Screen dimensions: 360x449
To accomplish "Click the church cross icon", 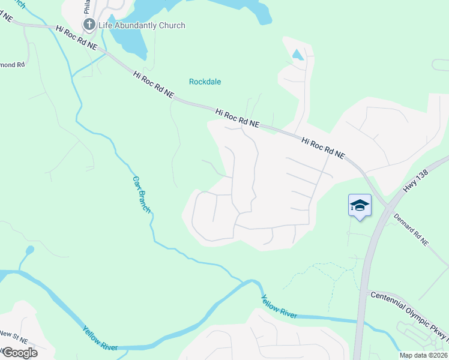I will coord(89,25).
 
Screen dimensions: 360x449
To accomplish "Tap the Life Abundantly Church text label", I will coord(142,25).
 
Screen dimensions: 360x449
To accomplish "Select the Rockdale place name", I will coord(205,82).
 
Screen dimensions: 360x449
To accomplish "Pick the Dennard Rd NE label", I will coord(412,230).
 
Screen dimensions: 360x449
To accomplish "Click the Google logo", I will coord(19,352).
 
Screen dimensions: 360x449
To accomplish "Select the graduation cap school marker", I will coord(360,205).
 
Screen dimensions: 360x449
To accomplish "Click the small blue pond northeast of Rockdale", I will coord(297,55).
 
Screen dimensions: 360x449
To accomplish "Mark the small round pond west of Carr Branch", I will coord(29,250).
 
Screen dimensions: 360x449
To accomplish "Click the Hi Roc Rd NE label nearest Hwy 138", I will coord(324,148).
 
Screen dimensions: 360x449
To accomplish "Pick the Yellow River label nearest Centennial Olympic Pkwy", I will coord(279,307).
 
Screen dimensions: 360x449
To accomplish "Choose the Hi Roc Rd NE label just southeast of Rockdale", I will coord(237,117).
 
